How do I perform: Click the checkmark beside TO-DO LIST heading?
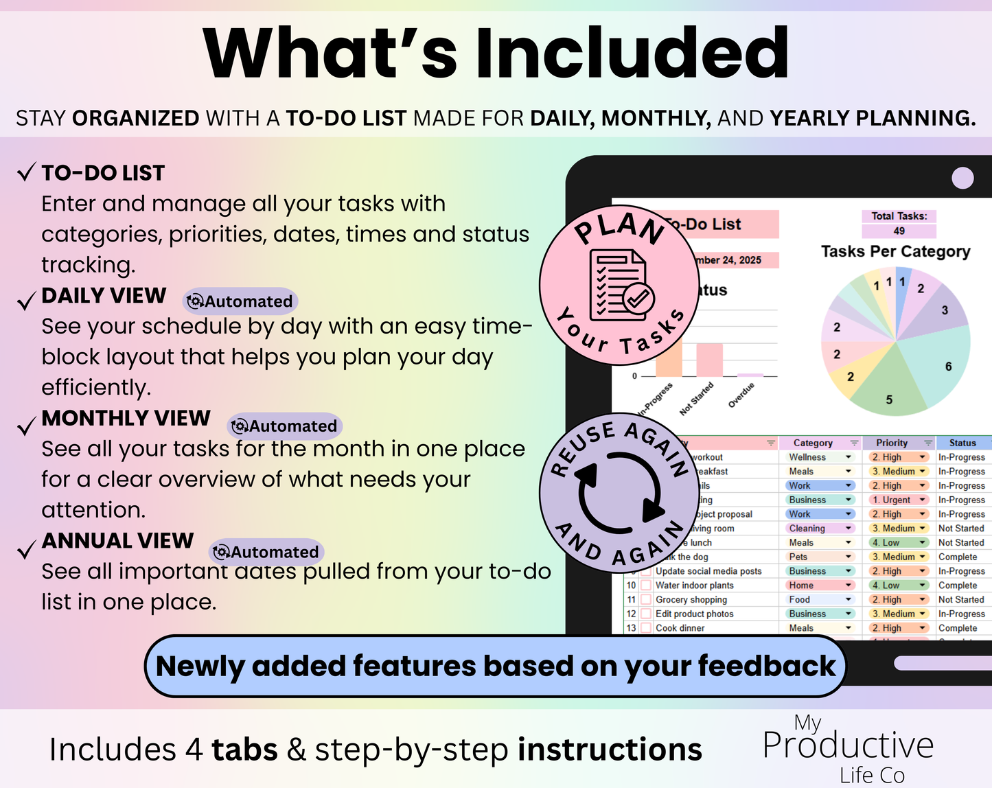click(x=26, y=172)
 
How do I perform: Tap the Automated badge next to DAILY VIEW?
click(x=240, y=301)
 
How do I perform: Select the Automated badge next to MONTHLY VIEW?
click(x=285, y=426)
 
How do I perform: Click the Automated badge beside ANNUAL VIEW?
click(x=266, y=552)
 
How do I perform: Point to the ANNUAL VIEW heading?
click(x=118, y=541)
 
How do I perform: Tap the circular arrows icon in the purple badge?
click(x=620, y=492)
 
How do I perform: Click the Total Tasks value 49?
click(x=899, y=231)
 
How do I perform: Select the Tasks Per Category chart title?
click(x=895, y=251)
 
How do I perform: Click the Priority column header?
click(x=892, y=443)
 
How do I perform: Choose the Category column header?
click(x=813, y=443)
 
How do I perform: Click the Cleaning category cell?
click(x=807, y=529)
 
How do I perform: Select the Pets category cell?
click(x=798, y=557)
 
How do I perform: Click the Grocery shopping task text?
click(x=691, y=600)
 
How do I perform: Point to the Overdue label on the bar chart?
click(x=742, y=395)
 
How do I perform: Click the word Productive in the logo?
click(x=849, y=745)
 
